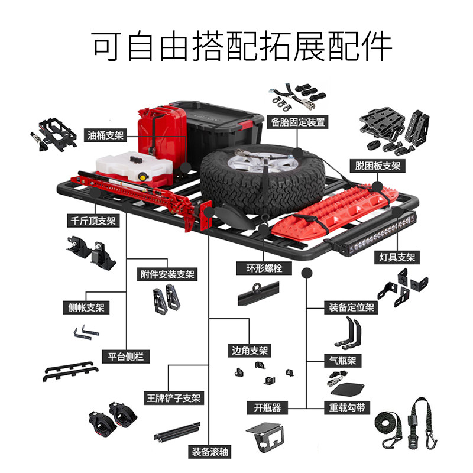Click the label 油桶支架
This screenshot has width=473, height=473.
point(106,135)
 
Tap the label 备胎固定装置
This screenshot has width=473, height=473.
point(298,122)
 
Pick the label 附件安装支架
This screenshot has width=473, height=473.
point(167,274)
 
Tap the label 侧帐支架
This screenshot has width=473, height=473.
point(86,308)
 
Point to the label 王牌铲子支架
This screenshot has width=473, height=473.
point(174,398)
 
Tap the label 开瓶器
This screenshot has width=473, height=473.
point(267,407)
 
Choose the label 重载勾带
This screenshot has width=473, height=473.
point(343,407)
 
